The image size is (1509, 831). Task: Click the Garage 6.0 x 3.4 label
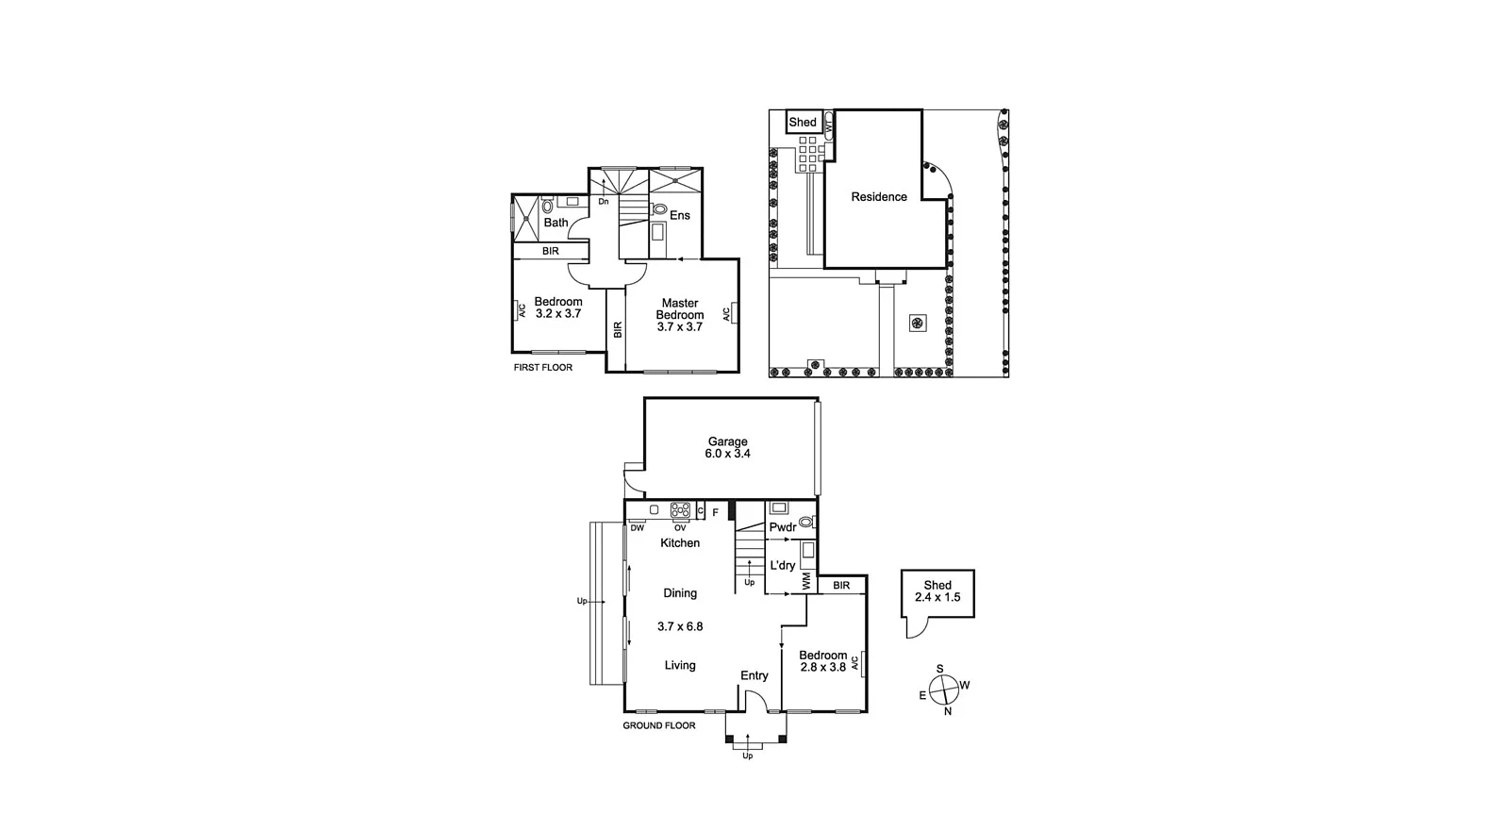[727, 447]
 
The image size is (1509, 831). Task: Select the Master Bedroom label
[679, 315]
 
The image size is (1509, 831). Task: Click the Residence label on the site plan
[879, 197]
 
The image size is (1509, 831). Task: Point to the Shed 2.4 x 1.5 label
[937, 591]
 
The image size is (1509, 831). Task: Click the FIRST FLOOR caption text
[542, 368]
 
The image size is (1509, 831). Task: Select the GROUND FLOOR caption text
[659, 725]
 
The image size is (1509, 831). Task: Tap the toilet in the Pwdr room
[805, 522]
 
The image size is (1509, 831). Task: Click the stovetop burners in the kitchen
[680, 510]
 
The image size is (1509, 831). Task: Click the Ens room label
[679, 215]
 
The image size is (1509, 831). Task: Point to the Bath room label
[556, 223]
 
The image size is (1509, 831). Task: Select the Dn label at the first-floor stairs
[604, 202]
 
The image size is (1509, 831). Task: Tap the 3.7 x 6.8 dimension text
[680, 626]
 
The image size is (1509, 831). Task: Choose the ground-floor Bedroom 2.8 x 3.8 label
[822, 660]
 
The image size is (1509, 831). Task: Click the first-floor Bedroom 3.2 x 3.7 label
[558, 307]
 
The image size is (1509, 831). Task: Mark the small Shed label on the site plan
[803, 123]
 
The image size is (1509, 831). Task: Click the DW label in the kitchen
[638, 528]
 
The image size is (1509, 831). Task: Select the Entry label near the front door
[754, 675]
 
